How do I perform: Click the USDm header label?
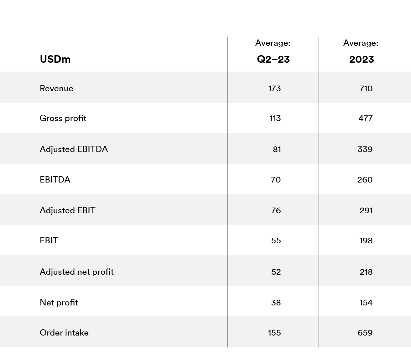tap(55, 59)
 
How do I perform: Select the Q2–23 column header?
tap(273, 59)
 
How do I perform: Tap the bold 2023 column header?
tap(362, 59)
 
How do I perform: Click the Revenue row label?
tap(56, 88)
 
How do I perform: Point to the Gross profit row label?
tap(63, 118)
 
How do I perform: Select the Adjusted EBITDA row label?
tap(74, 149)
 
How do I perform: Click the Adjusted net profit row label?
tap(76, 272)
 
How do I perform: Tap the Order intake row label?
tap(64, 333)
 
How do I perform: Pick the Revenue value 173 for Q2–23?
tap(274, 88)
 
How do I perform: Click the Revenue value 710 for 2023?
tap(366, 88)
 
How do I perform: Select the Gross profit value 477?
tap(366, 118)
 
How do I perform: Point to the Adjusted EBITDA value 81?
tap(277, 149)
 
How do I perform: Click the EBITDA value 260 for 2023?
tap(365, 180)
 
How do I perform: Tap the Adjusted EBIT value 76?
tap(276, 210)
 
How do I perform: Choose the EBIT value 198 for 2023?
tap(366, 241)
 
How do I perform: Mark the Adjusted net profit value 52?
tap(276, 272)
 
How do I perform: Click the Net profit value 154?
tap(366, 303)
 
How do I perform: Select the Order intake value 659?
tap(365, 333)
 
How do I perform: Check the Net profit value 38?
tap(276, 303)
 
